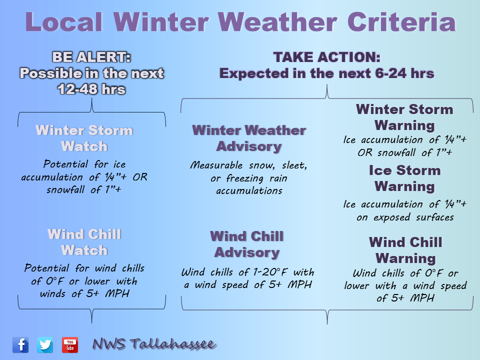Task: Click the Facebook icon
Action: tap(20, 344)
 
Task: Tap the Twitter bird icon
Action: tap(45, 344)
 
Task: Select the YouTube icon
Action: tap(70, 344)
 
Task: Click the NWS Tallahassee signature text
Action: tap(154, 344)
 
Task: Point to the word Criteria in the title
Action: tap(401, 22)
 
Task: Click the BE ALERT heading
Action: tap(91, 57)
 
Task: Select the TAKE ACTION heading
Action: tap(326, 57)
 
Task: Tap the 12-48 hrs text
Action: tap(91, 89)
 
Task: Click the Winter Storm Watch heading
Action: tap(84, 138)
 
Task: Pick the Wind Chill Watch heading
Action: tap(84, 242)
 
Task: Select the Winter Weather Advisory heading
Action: tap(249, 138)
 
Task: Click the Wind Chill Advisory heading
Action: tap(246, 244)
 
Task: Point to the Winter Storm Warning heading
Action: tap(404, 117)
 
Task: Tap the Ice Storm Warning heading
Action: tap(404, 178)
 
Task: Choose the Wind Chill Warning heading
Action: tap(405, 250)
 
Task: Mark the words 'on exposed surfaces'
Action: tap(405, 217)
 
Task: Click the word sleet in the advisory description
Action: tap(294, 165)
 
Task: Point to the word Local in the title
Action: tap(63, 22)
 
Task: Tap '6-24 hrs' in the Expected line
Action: tap(404, 73)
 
